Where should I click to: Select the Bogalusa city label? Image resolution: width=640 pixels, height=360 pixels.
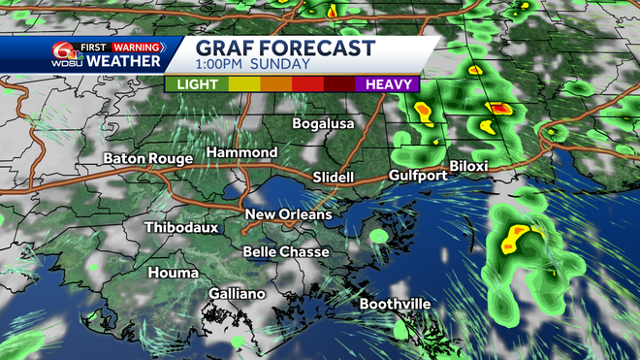(x=325, y=123)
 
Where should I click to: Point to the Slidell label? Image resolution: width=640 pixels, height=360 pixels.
(x=335, y=177)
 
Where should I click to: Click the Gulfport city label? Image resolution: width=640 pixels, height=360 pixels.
(x=417, y=175)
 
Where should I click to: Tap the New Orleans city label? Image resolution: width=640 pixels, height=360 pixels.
(x=288, y=213)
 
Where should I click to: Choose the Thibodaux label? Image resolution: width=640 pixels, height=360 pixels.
(x=181, y=227)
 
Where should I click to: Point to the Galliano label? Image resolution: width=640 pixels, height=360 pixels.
(x=237, y=293)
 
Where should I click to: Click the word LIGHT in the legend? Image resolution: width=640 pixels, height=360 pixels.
(x=197, y=84)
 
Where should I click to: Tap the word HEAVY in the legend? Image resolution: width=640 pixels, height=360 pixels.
(x=388, y=84)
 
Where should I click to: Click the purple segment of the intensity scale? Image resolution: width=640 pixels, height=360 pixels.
(x=388, y=84)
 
